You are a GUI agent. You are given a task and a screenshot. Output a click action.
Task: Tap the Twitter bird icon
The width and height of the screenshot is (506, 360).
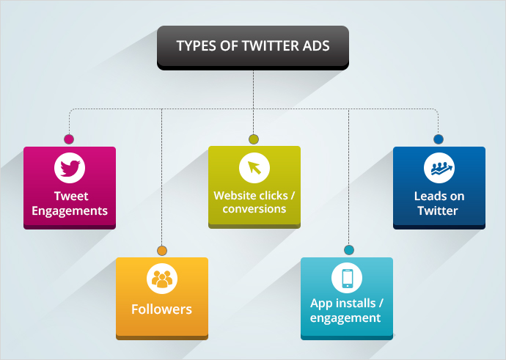click(70, 168)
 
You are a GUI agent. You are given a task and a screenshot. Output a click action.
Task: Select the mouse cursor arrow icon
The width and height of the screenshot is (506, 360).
click(254, 168)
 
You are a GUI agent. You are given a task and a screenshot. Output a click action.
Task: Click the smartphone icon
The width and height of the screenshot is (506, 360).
click(347, 278)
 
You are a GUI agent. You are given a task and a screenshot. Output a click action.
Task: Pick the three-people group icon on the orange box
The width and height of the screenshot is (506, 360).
click(162, 279)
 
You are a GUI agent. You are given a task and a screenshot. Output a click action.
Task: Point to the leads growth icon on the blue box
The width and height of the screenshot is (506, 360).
click(439, 168)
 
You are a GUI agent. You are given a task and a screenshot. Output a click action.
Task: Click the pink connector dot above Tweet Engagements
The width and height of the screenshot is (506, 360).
click(69, 139)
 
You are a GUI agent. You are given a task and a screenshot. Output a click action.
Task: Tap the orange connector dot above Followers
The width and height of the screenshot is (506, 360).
click(162, 251)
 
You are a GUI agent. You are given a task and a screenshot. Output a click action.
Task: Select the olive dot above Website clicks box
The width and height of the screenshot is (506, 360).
click(254, 139)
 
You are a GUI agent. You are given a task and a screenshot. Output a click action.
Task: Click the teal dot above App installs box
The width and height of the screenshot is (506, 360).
click(349, 250)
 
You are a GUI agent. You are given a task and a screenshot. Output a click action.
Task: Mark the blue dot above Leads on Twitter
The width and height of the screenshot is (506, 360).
click(439, 139)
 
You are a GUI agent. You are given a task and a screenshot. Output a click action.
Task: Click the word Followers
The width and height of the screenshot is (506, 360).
click(161, 309)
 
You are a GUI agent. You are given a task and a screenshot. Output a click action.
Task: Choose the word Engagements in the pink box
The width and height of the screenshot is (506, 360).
click(70, 211)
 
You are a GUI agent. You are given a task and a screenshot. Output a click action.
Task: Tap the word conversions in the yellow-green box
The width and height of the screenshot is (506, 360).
click(254, 209)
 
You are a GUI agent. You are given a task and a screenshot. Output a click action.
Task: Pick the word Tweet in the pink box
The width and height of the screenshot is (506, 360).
click(71, 196)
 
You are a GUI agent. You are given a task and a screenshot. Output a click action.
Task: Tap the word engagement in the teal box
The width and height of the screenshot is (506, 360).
click(345, 318)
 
